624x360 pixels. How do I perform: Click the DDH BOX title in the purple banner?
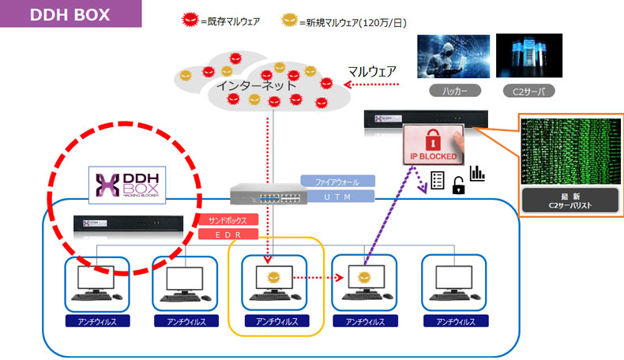click(x=70, y=14)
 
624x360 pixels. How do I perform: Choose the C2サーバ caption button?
click(x=528, y=92)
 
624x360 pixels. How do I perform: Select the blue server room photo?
click(x=528, y=55)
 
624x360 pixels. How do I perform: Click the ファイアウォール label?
click(x=336, y=182)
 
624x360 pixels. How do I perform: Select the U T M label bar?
click(x=336, y=196)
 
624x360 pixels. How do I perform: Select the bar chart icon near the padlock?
click(x=476, y=173)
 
